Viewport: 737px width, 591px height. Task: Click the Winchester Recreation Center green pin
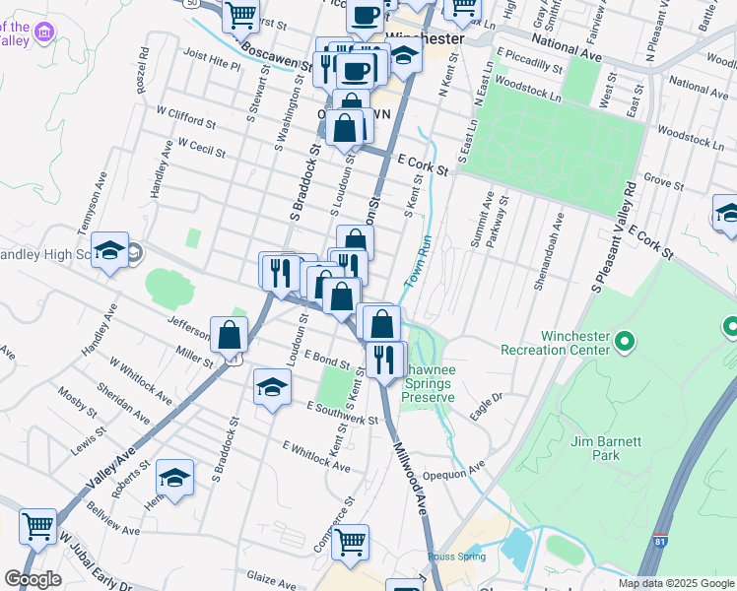click(624, 342)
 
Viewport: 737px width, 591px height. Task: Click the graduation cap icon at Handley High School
click(109, 252)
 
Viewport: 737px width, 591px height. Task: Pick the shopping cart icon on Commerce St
click(350, 541)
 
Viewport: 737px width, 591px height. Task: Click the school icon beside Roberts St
click(174, 479)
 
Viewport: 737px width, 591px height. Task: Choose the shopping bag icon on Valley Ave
click(229, 335)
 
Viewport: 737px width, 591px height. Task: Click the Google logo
click(33, 579)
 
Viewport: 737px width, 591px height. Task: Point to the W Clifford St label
click(181, 117)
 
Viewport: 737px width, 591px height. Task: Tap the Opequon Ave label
click(463, 465)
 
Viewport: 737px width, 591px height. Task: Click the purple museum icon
click(42, 33)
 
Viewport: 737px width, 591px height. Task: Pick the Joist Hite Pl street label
click(211, 59)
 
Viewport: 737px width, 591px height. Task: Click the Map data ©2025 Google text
click(677, 583)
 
